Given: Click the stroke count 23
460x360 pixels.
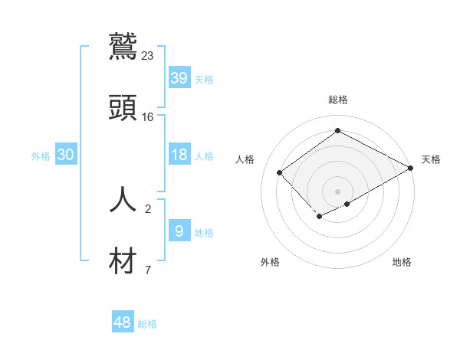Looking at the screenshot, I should (148, 55).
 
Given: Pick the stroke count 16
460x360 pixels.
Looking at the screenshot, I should (148, 117).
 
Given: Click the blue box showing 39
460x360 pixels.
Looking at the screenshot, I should (179, 77).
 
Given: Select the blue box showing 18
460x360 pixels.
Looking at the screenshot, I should (179, 154).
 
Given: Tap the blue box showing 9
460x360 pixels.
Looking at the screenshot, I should (179, 231).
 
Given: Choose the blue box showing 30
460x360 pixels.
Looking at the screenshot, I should (66, 154).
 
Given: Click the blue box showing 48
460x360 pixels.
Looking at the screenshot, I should (123, 322).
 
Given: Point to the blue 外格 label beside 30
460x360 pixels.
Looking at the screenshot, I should (41, 156).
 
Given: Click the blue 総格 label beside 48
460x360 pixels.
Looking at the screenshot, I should (147, 325).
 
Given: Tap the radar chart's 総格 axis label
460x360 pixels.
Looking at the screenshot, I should (338, 100).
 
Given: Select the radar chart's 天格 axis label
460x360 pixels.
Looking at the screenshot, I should (431, 159).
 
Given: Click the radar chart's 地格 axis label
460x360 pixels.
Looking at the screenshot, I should (402, 262).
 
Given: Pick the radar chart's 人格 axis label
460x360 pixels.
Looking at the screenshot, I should (245, 159).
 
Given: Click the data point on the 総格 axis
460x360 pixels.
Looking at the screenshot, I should (337, 131).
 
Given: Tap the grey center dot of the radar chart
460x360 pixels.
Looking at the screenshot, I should (337, 191).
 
